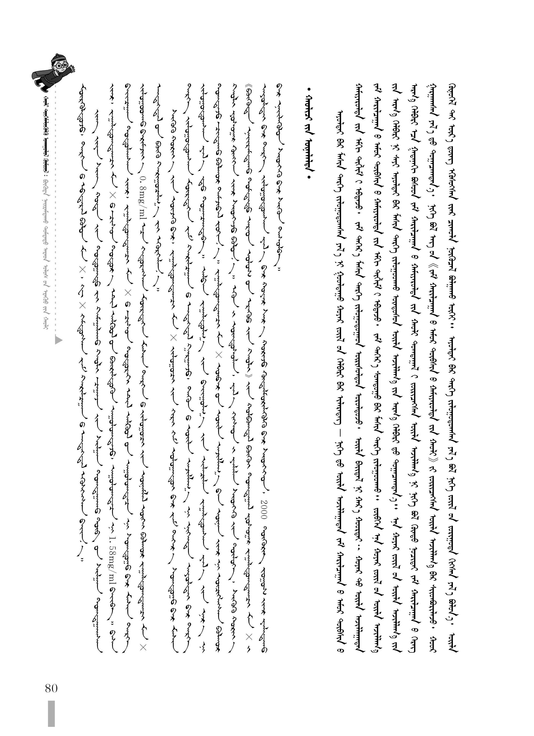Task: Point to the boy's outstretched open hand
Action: pos(73,68)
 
